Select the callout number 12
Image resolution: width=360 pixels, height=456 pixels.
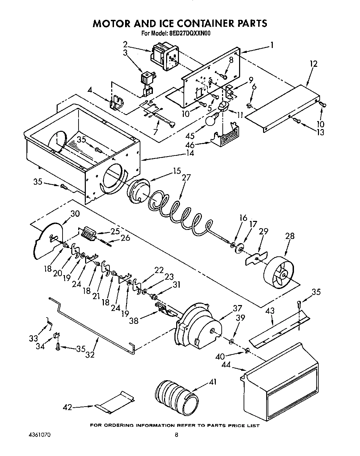313,64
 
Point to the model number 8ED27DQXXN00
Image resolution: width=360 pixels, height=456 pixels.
190,34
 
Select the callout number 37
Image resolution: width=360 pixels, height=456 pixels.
237,308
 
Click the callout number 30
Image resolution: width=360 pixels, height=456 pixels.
75,214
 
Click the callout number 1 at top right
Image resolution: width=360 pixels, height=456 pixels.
272,45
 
